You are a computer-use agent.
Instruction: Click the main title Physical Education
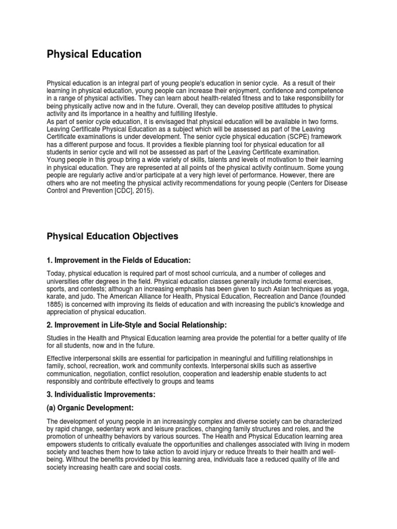pos(94,54)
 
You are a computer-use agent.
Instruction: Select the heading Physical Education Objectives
pos(113,236)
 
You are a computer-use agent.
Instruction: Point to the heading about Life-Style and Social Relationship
pos(137,324)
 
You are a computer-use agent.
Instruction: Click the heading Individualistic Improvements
pos(101,394)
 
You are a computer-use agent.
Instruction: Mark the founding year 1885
pos(56,305)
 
